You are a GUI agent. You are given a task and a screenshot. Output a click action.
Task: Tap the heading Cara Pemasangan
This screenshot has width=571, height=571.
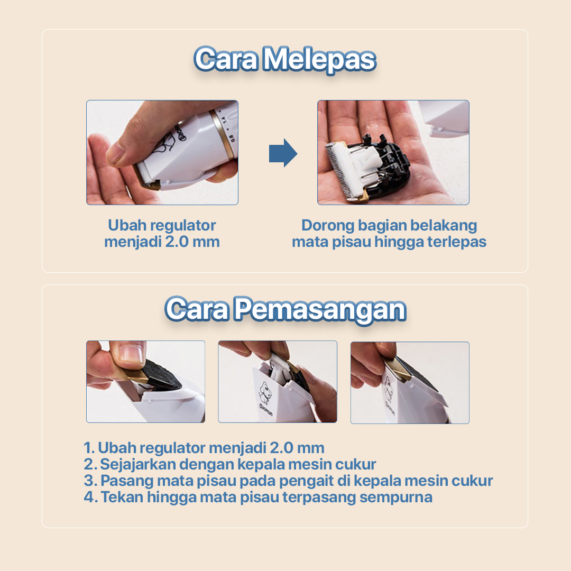click(x=285, y=309)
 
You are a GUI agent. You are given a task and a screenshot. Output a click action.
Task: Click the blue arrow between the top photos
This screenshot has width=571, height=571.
click(x=283, y=153)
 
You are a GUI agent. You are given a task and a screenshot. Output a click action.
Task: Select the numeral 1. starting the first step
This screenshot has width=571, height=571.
click(x=89, y=448)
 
